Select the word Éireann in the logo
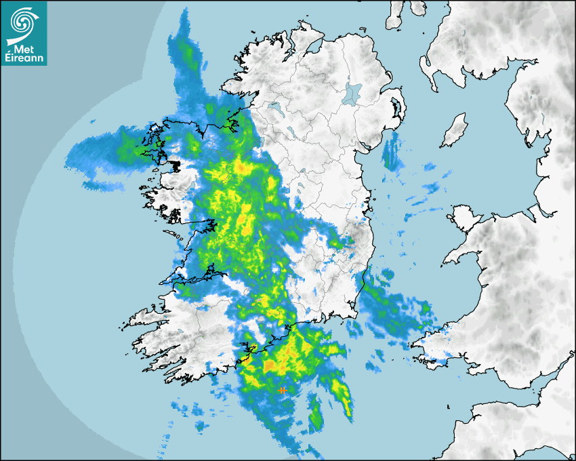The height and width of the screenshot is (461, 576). (24, 58)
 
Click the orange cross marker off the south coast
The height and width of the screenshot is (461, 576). (282, 390)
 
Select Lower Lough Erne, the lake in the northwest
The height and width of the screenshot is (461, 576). (275, 108)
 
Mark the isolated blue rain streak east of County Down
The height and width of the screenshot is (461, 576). (390, 153)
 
